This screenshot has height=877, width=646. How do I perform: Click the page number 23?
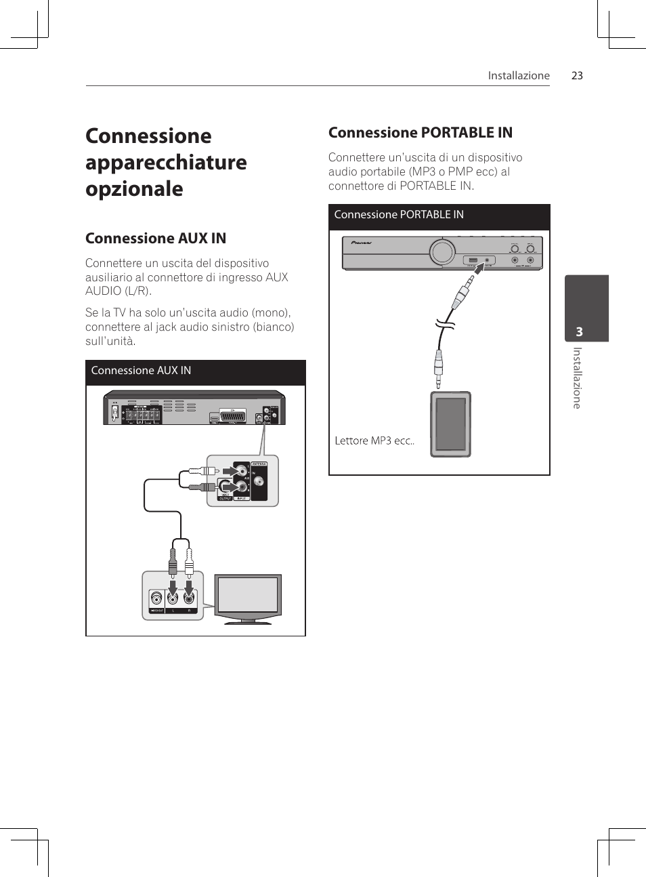[x=577, y=76]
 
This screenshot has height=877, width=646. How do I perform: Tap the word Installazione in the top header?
[x=519, y=76]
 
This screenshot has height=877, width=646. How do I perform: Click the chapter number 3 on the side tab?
[x=579, y=331]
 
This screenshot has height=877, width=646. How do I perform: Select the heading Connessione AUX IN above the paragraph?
[x=156, y=239]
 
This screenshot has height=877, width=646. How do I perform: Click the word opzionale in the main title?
[x=134, y=189]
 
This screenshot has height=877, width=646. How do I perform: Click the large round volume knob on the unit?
[x=442, y=252]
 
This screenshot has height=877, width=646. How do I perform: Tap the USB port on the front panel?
[x=473, y=260]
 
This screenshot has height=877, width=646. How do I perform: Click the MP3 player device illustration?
[x=450, y=424]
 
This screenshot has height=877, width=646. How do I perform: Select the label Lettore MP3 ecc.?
[x=374, y=441]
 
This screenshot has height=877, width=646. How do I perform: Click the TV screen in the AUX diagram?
[x=248, y=594]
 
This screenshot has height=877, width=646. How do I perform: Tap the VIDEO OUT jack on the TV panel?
[x=157, y=598]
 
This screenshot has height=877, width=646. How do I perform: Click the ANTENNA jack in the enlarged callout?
[x=258, y=483]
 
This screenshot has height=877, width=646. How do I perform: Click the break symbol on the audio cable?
[x=445, y=324]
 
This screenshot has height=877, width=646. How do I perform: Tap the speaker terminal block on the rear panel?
[x=142, y=415]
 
